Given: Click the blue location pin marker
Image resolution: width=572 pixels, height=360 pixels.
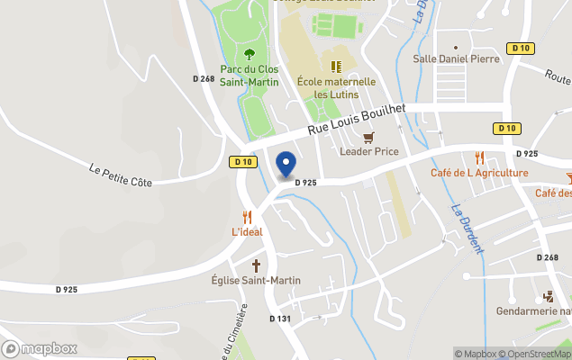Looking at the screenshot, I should click(x=286, y=165).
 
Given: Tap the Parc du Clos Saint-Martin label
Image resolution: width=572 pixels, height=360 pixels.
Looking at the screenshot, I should click(x=250, y=76).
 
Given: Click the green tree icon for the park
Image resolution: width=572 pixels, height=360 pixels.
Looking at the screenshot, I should click(x=250, y=53).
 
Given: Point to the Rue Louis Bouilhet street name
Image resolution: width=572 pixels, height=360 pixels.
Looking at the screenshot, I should click(x=357, y=119).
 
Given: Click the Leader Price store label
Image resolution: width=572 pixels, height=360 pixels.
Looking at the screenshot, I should click(x=369, y=151).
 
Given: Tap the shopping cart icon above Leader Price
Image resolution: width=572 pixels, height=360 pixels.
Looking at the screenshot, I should click(x=368, y=137).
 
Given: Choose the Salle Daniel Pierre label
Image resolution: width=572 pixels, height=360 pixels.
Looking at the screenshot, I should click(x=456, y=59).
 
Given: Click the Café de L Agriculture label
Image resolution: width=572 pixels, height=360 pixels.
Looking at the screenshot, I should click(x=479, y=173).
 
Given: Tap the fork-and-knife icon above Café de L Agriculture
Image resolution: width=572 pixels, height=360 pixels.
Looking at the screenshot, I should click(x=479, y=157).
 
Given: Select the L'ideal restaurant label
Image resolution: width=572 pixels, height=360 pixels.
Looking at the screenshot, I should click(x=247, y=232).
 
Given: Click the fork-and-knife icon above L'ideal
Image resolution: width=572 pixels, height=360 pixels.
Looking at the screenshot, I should click(x=247, y=217).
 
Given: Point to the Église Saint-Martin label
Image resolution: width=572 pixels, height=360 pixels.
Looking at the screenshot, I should click(x=257, y=281).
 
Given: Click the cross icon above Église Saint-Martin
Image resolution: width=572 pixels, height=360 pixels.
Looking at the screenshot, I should click(x=257, y=265).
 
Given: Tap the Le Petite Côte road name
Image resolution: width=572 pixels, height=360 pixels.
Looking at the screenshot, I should click(x=121, y=174).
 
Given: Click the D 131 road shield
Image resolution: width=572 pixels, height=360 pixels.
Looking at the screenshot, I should click(x=280, y=319).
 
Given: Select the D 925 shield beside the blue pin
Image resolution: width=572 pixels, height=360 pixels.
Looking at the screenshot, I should click(x=304, y=183).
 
